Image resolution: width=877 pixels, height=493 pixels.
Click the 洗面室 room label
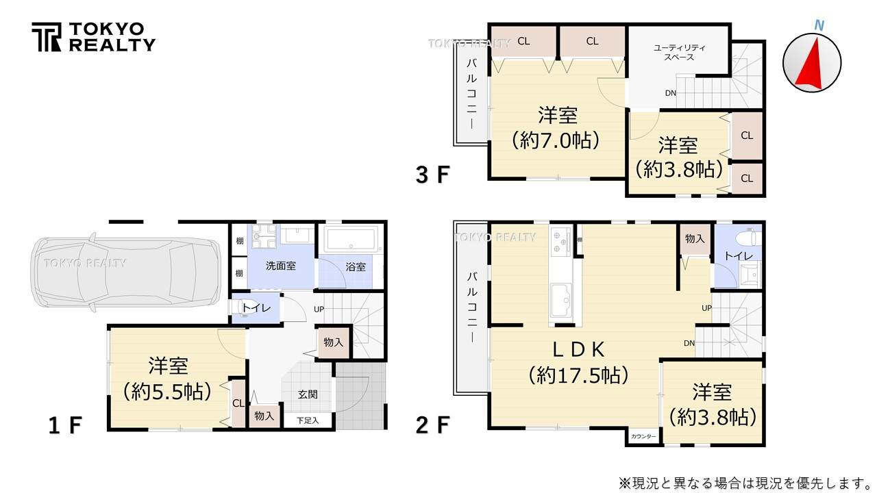coord(281,266)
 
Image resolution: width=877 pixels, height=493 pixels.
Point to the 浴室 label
coord(355,267)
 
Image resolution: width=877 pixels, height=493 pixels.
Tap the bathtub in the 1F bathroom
coord(351,240)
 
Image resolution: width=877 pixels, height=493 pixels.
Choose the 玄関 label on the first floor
coord(308,394)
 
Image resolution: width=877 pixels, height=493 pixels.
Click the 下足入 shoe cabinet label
coord(308,420)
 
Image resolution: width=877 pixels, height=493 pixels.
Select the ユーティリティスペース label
coord(679,52)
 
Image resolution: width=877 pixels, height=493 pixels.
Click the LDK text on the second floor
coord(579,350)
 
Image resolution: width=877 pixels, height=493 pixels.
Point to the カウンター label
coord(643,436)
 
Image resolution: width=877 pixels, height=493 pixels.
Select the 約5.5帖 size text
coord(167,391)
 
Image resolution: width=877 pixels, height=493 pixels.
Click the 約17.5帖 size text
coord(579,375)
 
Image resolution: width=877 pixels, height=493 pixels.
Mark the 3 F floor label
coord(432,175)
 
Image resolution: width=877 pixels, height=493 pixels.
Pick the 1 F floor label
coord(65,425)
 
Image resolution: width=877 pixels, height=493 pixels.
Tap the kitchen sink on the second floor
coord(564,300)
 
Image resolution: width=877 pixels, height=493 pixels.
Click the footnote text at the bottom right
coord(743,483)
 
